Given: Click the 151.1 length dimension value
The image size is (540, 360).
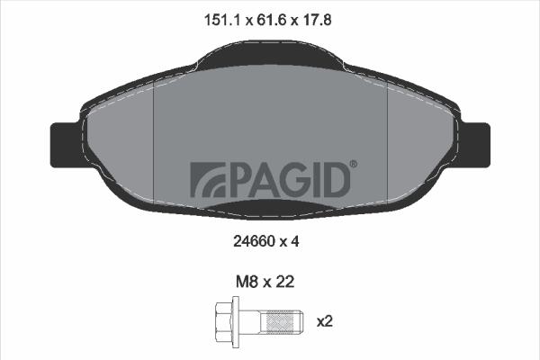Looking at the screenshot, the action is tap(222, 20).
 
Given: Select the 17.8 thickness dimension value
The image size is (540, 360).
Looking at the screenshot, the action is tap(317, 20).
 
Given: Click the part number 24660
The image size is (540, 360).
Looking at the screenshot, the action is tap(254, 241).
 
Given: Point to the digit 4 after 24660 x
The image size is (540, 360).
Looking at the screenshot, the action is tap(294, 241).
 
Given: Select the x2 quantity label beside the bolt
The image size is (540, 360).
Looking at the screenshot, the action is tap(325, 321).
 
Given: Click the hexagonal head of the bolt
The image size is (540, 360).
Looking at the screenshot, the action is tap(223, 321).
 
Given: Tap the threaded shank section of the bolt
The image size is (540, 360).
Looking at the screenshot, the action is tap(282, 321).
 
